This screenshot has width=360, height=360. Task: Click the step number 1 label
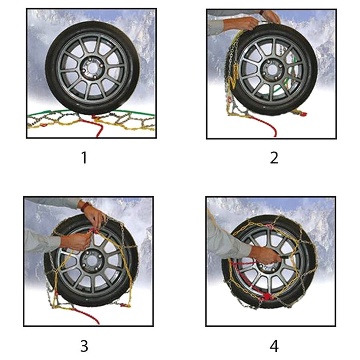point(84,158)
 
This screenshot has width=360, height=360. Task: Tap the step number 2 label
point(274,158)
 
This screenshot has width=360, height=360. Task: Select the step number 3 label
point(84,346)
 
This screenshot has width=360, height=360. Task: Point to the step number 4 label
point(274,346)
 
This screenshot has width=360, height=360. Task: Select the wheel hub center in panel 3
point(90,262)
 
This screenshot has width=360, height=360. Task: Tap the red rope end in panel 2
point(274,130)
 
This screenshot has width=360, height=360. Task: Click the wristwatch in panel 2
point(261,12)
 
